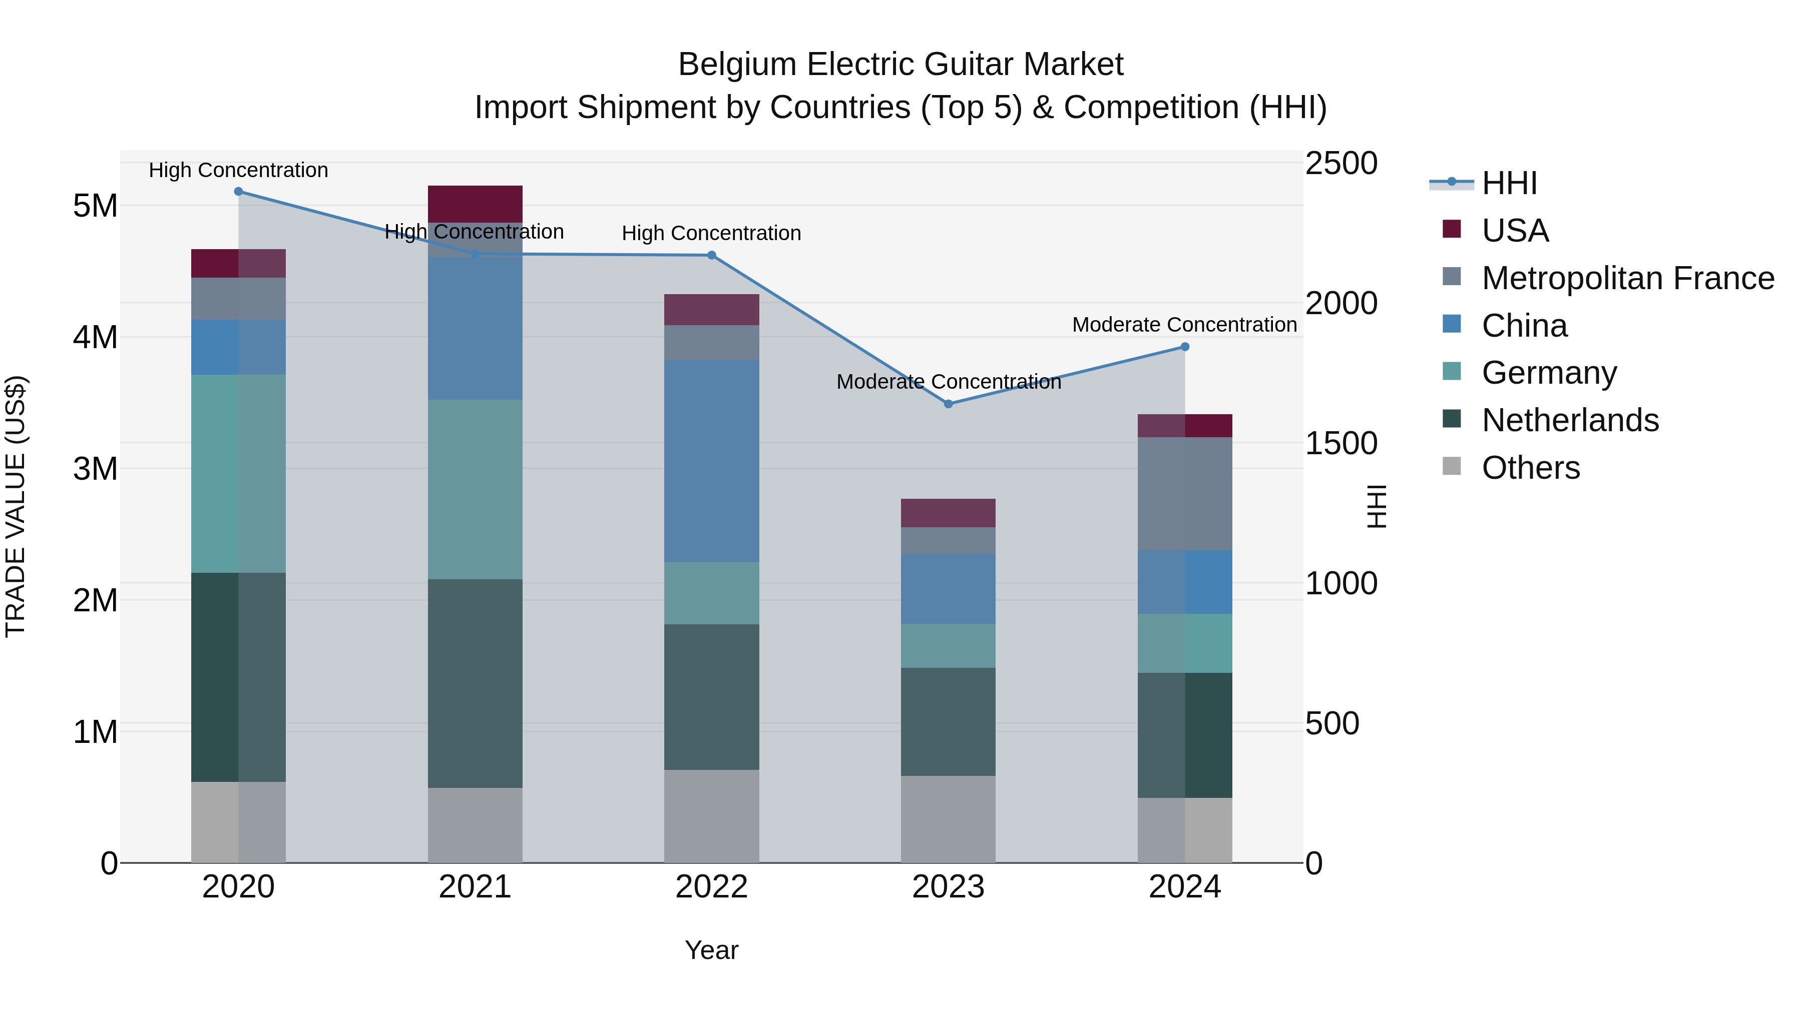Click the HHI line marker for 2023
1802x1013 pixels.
(948, 404)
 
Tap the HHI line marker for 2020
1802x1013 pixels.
(239, 192)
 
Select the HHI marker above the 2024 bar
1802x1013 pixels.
(1184, 347)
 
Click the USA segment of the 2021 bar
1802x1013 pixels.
(475, 204)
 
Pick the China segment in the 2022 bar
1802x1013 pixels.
(711, 461)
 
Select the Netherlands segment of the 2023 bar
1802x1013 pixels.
(948, 721)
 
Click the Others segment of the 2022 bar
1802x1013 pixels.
(711, 816)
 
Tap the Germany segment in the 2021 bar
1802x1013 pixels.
(475, 489)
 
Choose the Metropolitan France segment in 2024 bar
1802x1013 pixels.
(1184, 494)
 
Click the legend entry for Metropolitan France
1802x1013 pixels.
(1628, 278)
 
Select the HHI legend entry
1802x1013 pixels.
(1509, 183)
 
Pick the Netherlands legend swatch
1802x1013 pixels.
(1452, 420)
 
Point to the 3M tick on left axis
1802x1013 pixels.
(96, 468)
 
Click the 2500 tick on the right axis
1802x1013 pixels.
(1341, 164)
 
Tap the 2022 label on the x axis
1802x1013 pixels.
(711, 887)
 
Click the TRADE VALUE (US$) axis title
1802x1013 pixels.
(16, 506)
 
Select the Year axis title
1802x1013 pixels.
(711, 950)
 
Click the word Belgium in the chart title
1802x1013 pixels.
(737, 65)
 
